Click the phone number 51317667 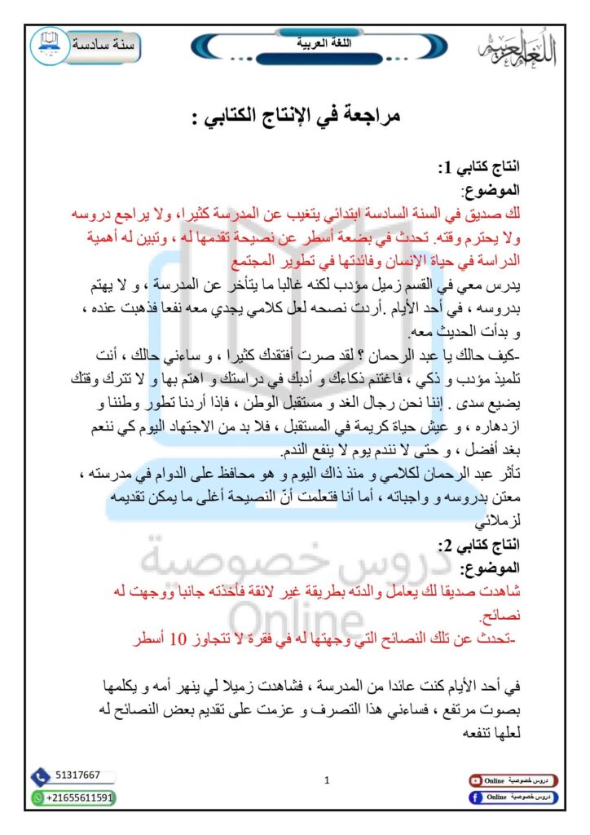[x=79, y=775]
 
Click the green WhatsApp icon [x=37, y=797]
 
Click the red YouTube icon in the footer [x=474, y=780]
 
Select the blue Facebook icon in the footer [x=474, y=797]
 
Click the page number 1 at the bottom [x=327, y=780]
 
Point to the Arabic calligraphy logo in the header [x=516, y=52]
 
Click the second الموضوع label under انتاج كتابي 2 [x=492, y=567]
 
